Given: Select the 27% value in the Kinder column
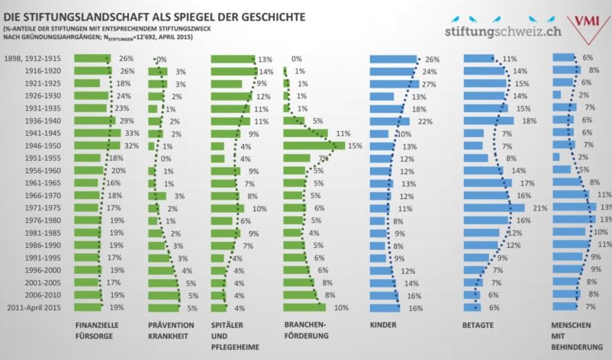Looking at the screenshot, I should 433,83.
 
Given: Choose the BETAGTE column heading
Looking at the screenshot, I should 477,324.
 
